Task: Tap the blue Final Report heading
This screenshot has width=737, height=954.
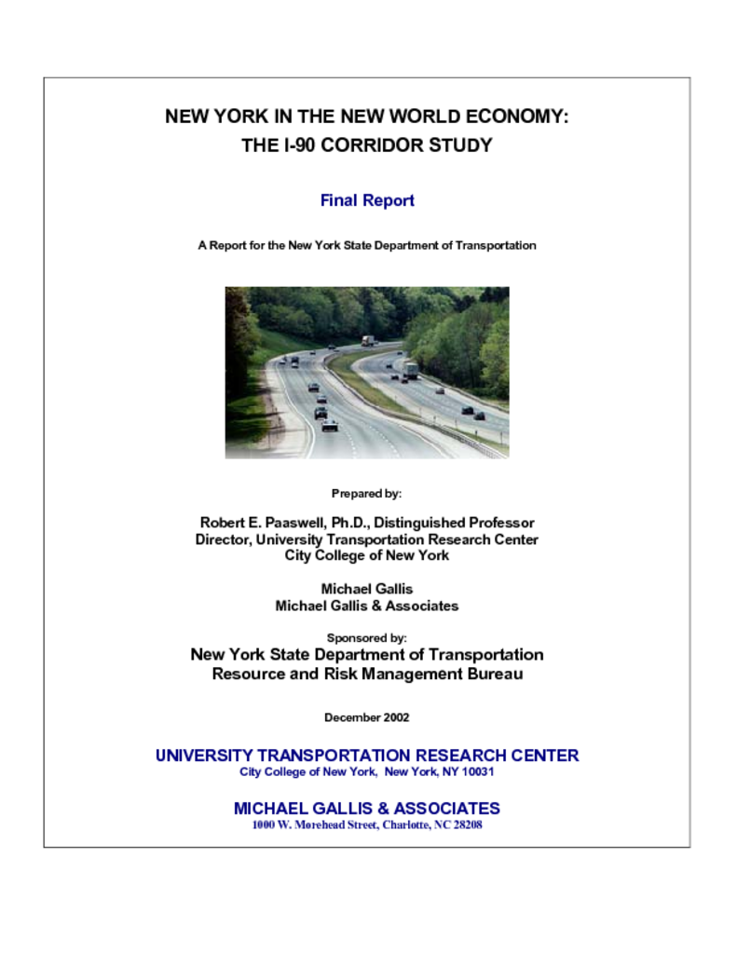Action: [x=367, y=200]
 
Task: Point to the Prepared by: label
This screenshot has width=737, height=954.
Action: [x=366, y=494]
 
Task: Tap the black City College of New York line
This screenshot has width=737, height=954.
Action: [x=366, y=555]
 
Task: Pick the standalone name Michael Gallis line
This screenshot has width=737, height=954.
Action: [x=366, y=589]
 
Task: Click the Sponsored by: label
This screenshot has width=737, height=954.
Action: [x=366, y=638]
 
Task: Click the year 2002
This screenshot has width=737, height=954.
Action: [x=395, y=717]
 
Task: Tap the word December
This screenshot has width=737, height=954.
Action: [x=351, y=717]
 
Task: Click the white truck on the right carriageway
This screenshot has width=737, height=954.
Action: [x=410, y=369]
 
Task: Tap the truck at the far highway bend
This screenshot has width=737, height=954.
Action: [x=368, y=341]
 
